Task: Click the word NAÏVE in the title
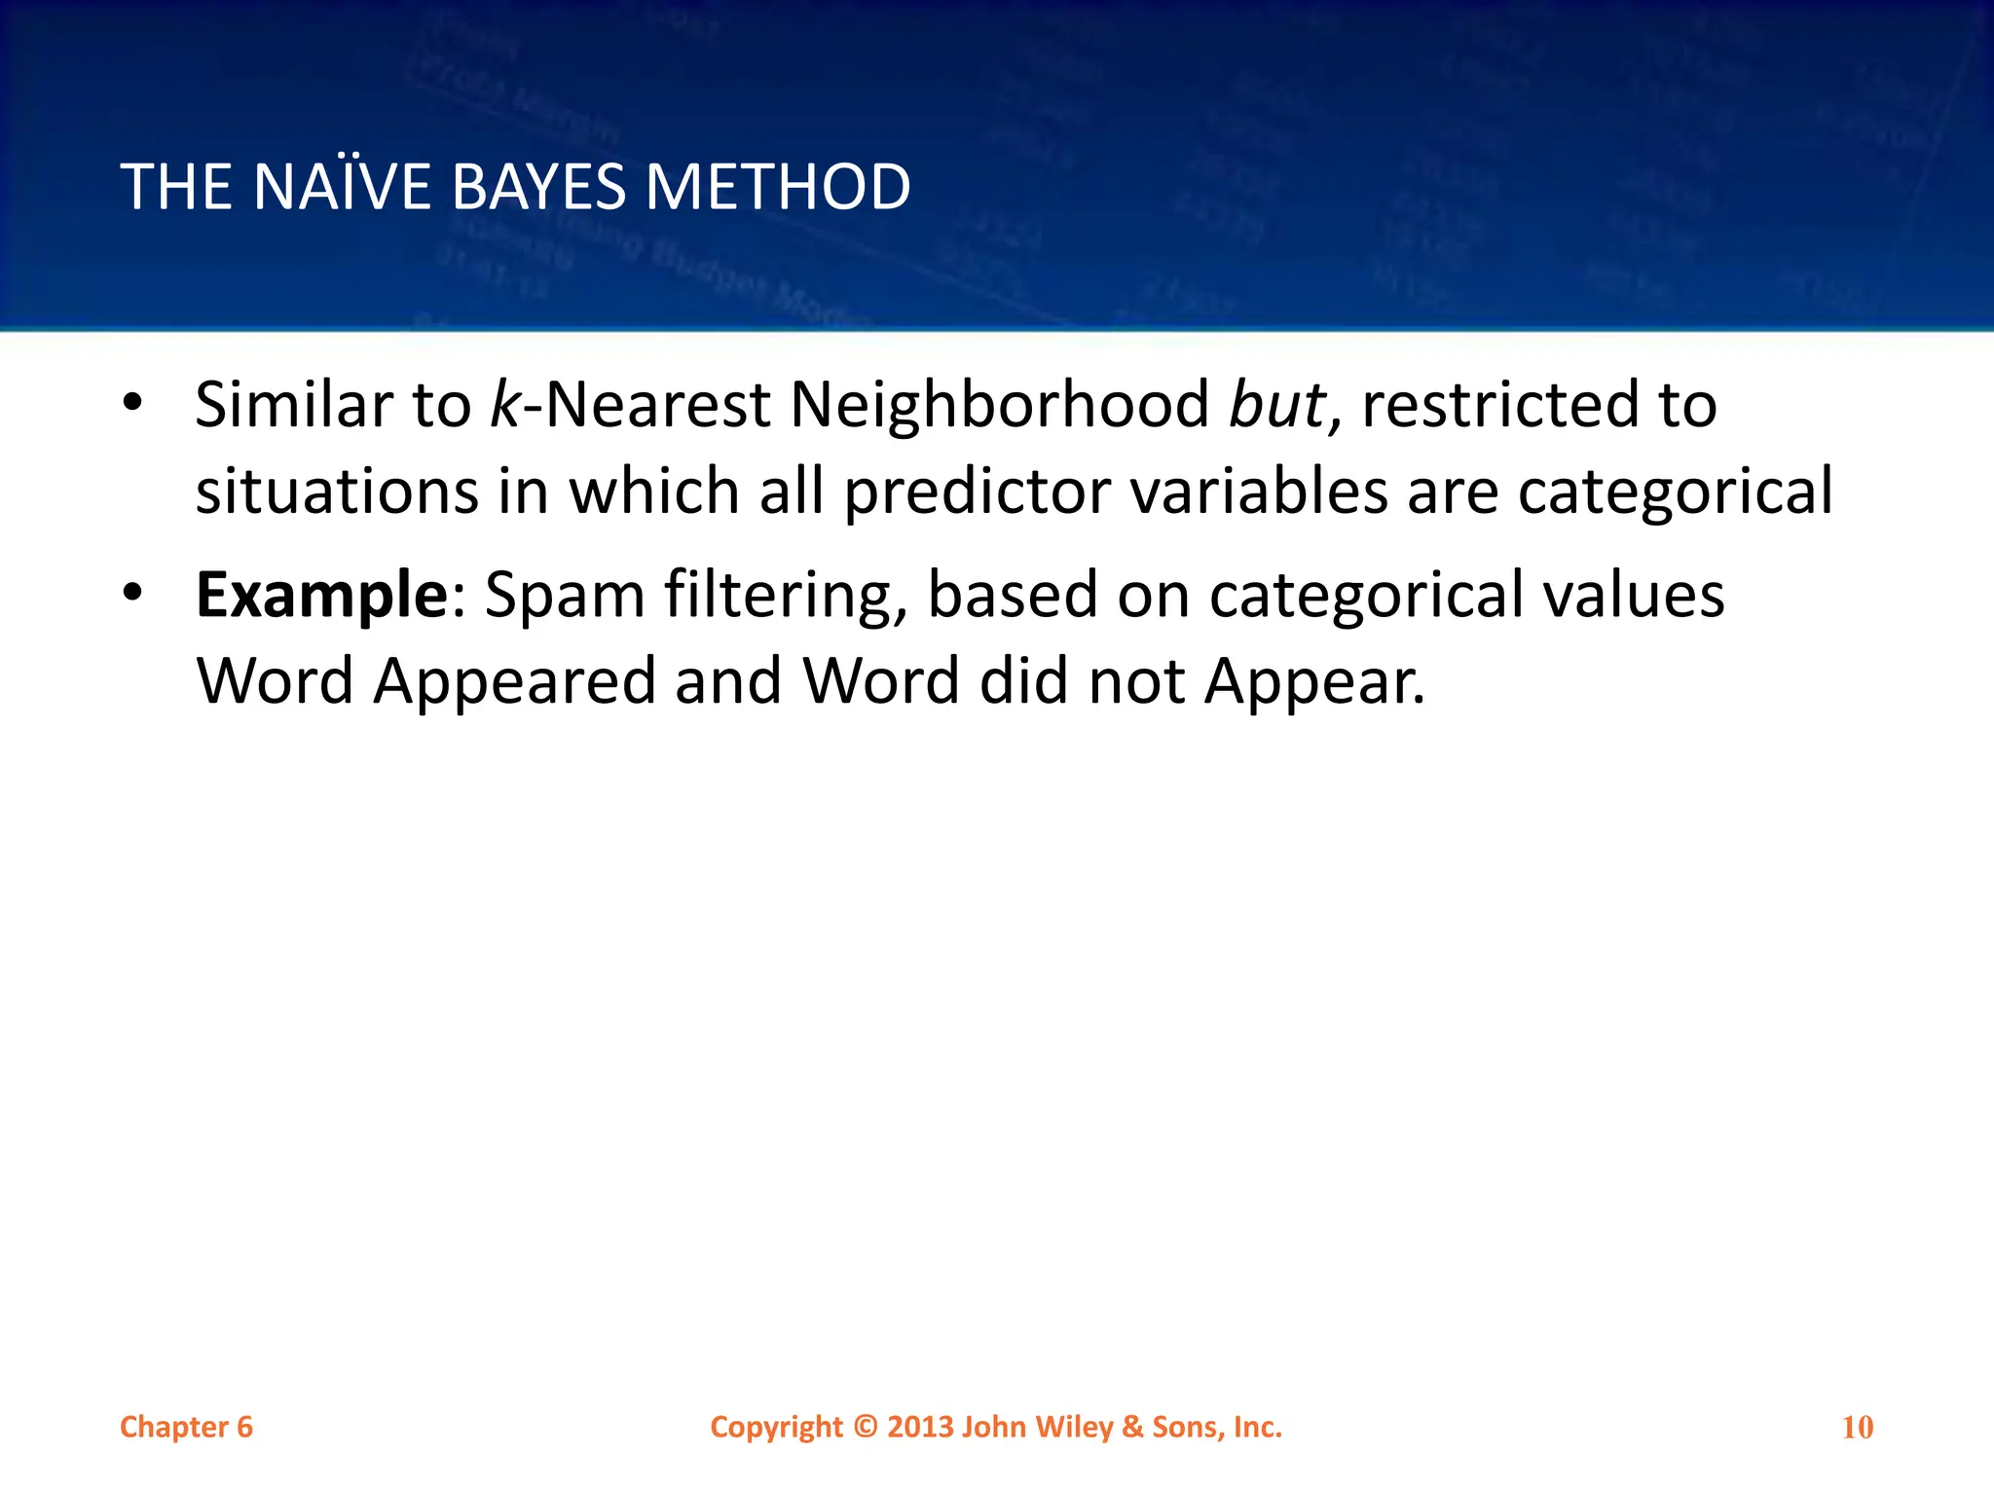(342, 187)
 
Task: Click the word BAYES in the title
(538, 187)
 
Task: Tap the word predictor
(977, 492)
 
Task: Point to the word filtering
(785, 596)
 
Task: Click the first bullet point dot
(133, 402)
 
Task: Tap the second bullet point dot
(133, 592)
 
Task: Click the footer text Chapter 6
(186, 1427)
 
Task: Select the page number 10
(1858, 1428)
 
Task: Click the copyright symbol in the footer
(866, 1427)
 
